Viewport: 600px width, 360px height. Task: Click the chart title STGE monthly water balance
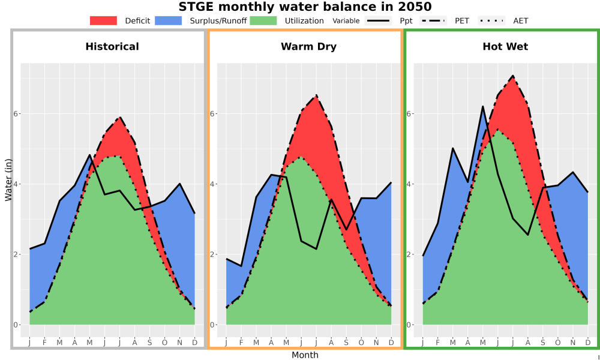coord(305,7)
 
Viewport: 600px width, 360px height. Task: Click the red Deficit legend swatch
coord(103,20)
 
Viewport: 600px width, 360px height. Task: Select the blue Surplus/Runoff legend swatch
coord(169,20)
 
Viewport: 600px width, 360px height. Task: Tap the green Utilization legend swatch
coord(263,20)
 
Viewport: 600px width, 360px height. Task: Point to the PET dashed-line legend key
coord(433,20)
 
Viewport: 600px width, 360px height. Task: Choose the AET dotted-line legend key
coord(491,20)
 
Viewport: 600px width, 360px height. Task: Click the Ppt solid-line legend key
coord(377,20)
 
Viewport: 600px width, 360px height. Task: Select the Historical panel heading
coord(112,47)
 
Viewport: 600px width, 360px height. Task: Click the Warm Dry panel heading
coord(309,47)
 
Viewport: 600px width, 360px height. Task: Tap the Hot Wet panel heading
coord(505,47)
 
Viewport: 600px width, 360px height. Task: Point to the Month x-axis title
coord(305,355)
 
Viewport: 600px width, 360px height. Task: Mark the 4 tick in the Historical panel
coord(16,184)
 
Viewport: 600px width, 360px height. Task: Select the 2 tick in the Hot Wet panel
coord(409,254)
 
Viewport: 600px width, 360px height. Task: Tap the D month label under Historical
coord(195,343)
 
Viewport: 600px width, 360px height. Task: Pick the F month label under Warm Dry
coord(241,343)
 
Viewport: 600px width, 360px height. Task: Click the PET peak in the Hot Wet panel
coord(513,76)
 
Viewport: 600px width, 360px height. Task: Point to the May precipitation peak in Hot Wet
coord(483,106)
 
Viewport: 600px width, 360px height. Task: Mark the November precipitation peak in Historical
coord(179,184)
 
